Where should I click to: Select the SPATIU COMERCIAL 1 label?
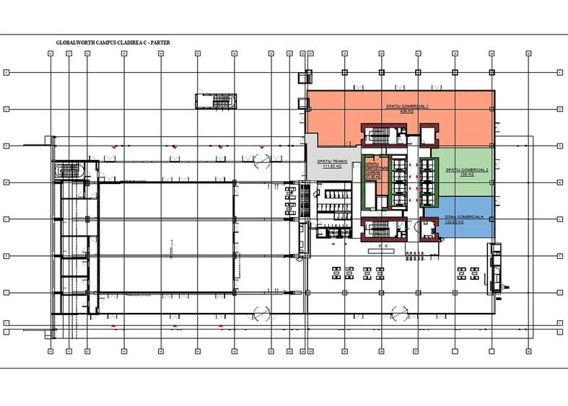[407, 106]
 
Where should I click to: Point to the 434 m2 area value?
[407, 111]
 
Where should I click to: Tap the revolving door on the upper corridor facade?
[261, 160]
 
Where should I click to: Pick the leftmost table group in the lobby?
[337, 273]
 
